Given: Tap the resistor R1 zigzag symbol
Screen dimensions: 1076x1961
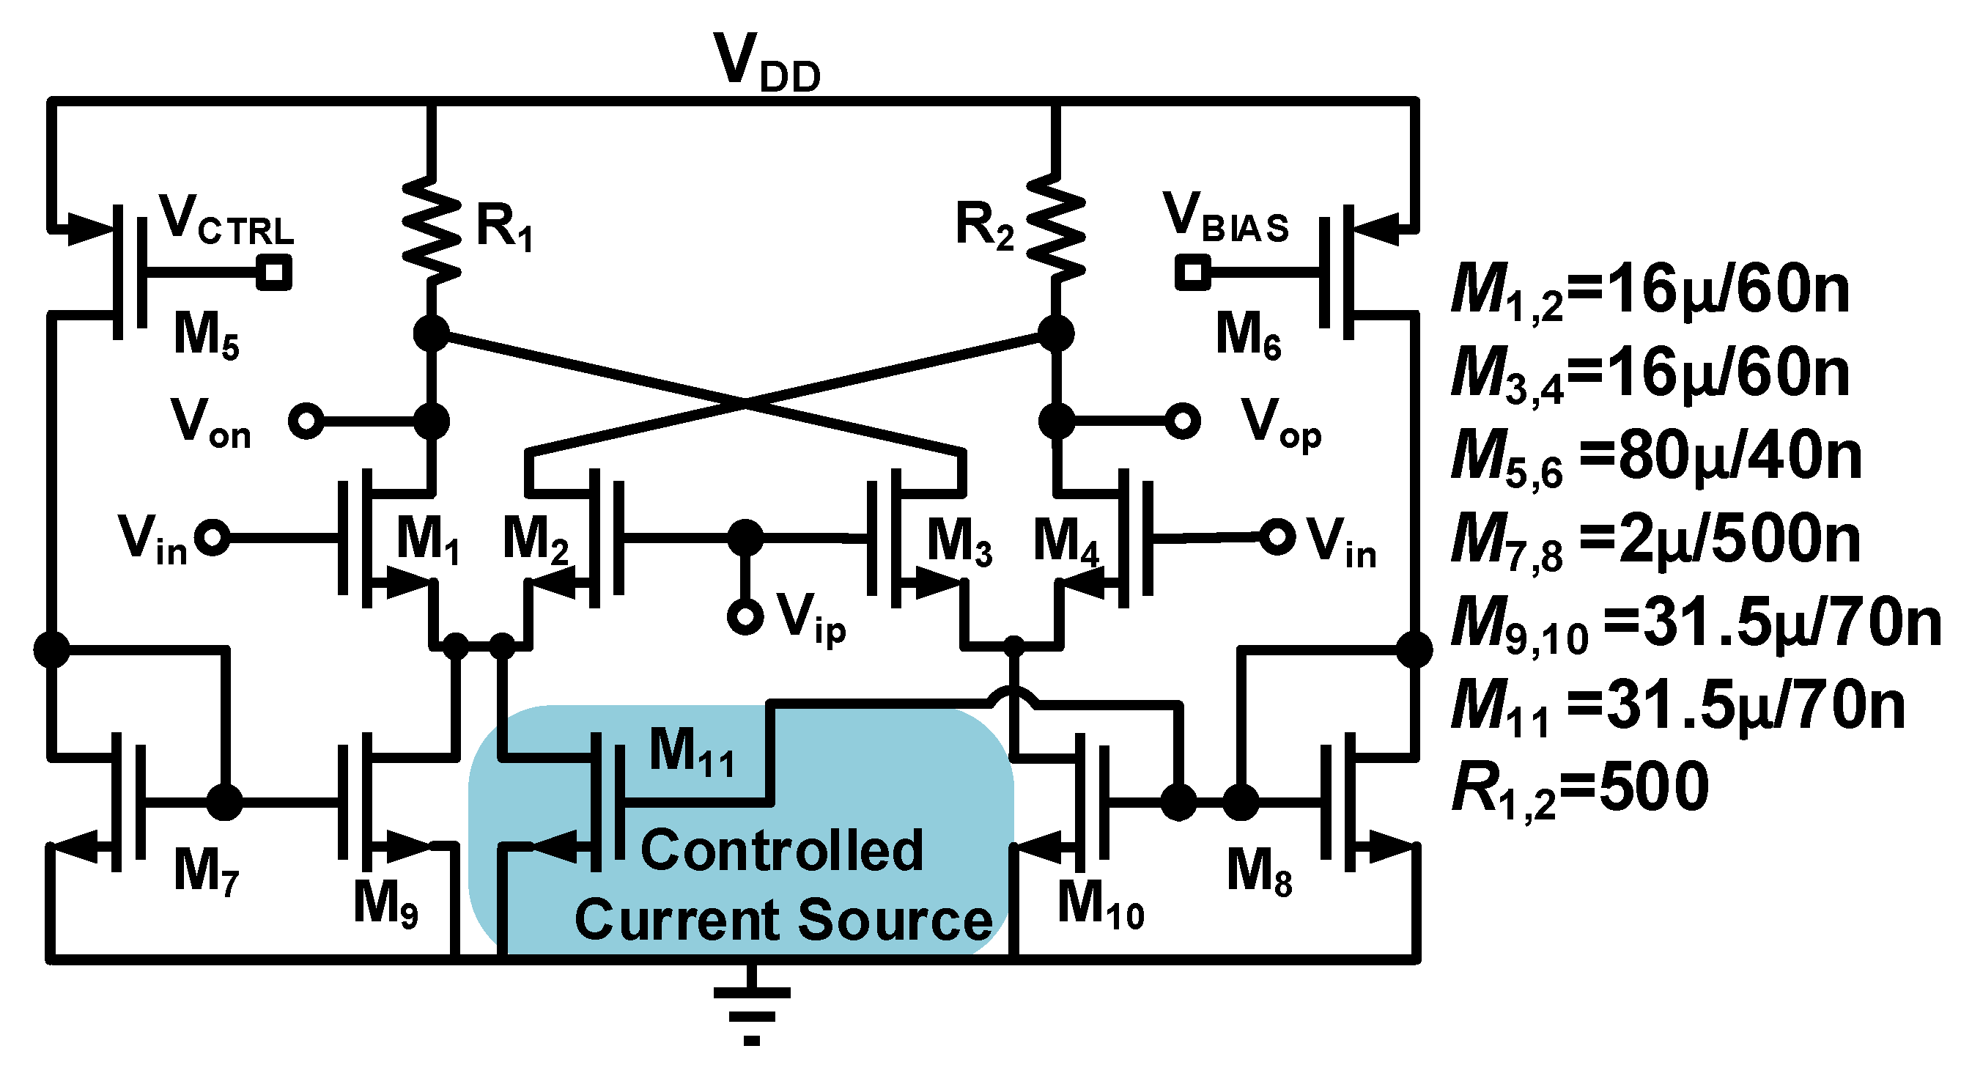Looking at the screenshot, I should pyautogui.click(x=432, y=229).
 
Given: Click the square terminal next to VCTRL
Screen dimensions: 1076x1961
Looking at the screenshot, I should pyautogui.click(x=274, y=272).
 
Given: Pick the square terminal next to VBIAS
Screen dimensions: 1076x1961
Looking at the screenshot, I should pyautogui.click(x=1192, y=272).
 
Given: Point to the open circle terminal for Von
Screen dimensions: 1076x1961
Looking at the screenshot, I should pyautogui.click(x=306, y=420).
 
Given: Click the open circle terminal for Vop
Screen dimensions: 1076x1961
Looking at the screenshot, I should pyautogui.click(x=1182, y=420).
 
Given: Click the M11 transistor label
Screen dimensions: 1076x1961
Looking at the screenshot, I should pyautogui.click(x=691, y=752).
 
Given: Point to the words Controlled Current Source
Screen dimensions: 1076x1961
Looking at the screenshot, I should pyautogui.click(x=783, y=885).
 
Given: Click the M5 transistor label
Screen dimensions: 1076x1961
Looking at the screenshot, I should pyautogui.click(x=205, y=335).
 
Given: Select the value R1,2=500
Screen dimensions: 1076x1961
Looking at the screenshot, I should pyautogui.click(x=1580, y=789).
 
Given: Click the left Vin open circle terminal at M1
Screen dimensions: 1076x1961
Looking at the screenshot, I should pyautogui.click(x=212, y=537).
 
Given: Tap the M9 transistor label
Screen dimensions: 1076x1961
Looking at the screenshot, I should pyautogui.click(x=385, y=904).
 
